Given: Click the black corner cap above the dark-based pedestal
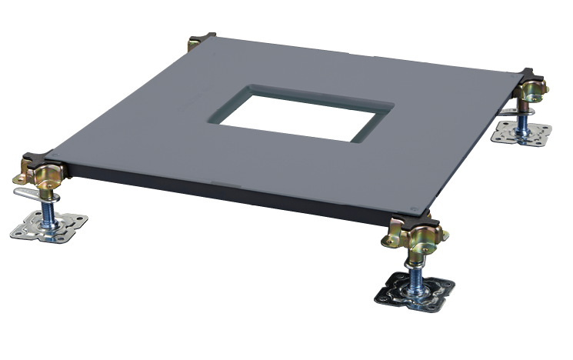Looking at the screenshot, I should point(422,222).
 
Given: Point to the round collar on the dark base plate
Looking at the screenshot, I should point(416,285).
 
